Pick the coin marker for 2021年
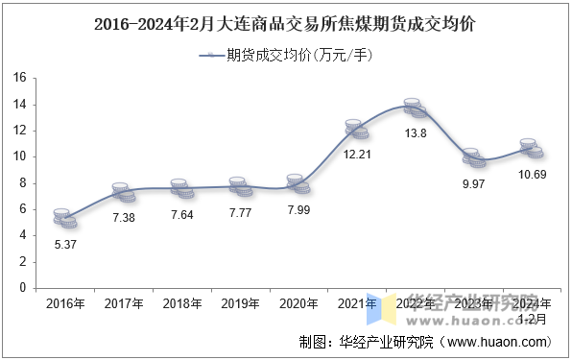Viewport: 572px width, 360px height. (357, 129)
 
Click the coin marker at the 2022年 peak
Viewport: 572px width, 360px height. (415, 108)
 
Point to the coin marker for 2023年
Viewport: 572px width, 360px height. (473, 157)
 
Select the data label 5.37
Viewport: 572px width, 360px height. (64, 244)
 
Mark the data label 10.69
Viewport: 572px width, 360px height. (532, 174)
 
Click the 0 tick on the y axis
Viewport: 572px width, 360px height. (20, 287)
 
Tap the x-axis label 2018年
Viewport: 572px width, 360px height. (181, 303)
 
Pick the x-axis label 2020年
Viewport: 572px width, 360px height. (298, 303)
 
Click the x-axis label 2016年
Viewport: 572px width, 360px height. (64, 303)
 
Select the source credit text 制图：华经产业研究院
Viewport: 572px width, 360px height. (367, 341)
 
